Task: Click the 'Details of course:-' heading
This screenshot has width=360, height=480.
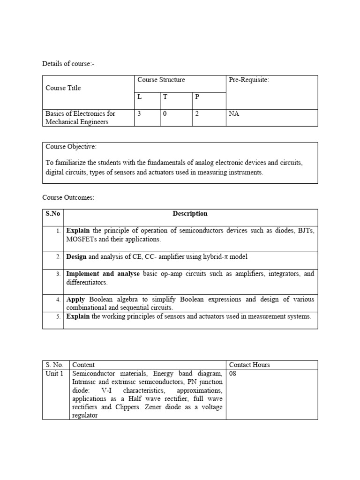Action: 68,63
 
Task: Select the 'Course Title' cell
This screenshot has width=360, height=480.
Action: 63,88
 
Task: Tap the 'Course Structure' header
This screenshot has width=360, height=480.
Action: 161,80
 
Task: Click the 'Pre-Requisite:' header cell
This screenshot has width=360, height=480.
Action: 249,80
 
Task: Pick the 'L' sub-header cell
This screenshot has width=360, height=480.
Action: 140,96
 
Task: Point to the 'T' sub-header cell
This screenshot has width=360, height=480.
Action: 165,96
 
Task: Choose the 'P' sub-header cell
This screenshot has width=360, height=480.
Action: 197,96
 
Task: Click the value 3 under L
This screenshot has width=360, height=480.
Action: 139,113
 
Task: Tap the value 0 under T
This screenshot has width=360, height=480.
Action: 165,113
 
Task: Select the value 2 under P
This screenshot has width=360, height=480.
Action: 197,113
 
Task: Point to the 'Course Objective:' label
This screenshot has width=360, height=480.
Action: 71,147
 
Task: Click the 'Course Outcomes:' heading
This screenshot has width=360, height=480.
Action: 68,197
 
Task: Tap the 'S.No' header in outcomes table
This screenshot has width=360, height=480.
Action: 52,214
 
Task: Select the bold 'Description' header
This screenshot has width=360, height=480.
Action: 190,214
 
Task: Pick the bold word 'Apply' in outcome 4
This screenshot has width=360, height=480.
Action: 75,299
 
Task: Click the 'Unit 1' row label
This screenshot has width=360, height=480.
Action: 54,373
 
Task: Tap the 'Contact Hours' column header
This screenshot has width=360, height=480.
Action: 249,365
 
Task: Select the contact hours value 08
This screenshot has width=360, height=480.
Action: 233,373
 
